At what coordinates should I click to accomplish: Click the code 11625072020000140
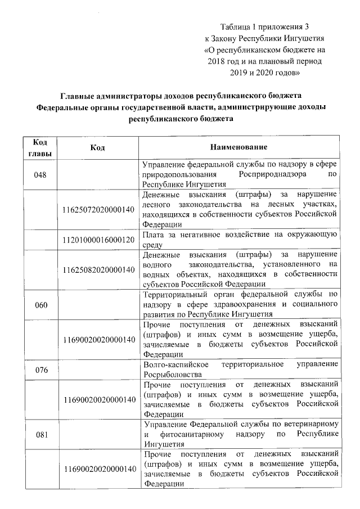pyautogui.click(x=100, y=209)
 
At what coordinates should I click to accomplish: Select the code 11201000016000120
pyautogui.click(x=100, y=239)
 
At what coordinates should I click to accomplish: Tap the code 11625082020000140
pyautogui.click(x=100, y=269)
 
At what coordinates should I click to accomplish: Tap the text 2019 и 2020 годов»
pyautogui.click(x=265, y=72)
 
